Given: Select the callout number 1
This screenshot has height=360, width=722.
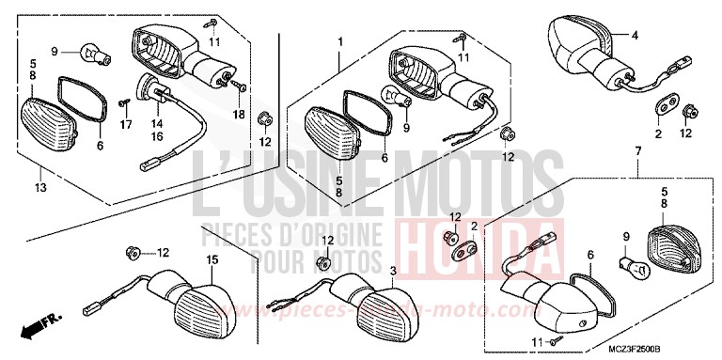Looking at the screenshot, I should coord(340,42).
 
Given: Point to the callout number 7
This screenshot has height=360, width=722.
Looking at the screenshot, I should coord(638,151).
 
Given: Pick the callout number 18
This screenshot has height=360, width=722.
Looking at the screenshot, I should coord(238,114).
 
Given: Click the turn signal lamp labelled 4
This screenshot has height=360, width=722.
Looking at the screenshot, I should coord(578,37).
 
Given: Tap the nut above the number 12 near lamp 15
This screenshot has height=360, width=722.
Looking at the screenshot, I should coord(131,252).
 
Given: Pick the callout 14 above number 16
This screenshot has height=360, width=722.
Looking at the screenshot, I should coord(156,122).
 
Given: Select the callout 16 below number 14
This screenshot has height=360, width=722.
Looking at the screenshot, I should coord(156,136).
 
